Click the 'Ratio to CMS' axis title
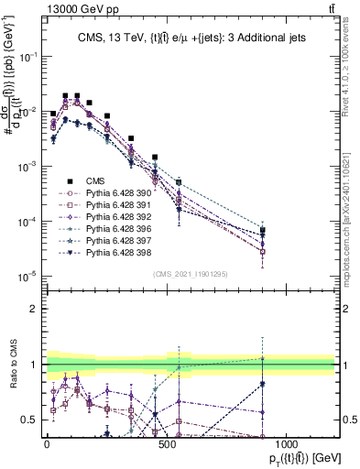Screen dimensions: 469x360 click(13, 365)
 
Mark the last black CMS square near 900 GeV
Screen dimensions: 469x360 click(263, 231)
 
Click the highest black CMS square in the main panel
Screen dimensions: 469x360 click(65, 94)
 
